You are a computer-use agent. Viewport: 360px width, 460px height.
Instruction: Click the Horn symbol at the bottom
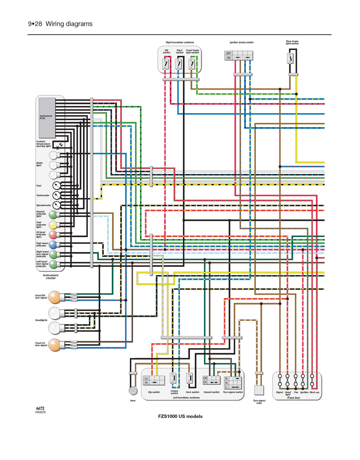[133, 390]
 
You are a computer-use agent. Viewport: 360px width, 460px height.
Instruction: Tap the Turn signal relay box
[259, 390]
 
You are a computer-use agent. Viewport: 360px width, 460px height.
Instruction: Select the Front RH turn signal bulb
[55, 297]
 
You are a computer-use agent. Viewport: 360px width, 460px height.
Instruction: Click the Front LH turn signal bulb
[55, 345]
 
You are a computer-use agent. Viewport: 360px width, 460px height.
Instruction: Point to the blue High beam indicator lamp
[53, 245]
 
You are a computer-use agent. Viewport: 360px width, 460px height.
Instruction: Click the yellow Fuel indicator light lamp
[53, 225]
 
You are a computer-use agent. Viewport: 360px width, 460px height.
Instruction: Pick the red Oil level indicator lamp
[53, 235]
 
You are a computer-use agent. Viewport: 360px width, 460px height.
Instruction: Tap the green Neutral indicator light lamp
[53, 215]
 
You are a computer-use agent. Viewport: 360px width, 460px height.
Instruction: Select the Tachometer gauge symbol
[56, 195]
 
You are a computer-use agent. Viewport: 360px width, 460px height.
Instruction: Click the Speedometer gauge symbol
[56, 205]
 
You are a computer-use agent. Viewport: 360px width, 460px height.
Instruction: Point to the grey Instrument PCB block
[47, 118]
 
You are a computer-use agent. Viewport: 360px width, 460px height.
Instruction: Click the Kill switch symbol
[165, 64]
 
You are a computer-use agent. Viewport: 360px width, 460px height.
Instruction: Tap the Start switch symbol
[179, 64]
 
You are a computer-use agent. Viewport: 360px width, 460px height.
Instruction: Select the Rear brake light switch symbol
[290, 58]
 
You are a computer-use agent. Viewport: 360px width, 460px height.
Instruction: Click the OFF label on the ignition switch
[229, 53]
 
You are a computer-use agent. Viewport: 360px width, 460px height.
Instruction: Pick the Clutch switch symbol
[173, 378]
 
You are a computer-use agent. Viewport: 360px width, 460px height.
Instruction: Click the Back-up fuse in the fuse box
[312, 380]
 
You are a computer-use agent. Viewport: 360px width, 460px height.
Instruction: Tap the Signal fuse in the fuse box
[280, 380]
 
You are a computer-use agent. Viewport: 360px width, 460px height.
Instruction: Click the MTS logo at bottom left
[40, 408]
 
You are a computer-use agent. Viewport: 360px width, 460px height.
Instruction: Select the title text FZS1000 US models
[180, 416]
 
